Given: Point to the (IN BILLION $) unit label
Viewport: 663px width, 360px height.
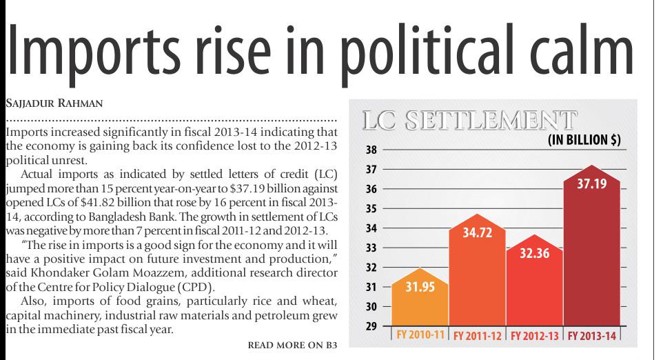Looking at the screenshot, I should [584, 140].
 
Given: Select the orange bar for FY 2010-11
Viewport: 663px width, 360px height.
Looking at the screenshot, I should [420, 303].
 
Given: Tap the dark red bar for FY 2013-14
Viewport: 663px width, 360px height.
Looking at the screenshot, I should [592, 255].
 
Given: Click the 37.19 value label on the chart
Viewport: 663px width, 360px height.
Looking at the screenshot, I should [592, 185].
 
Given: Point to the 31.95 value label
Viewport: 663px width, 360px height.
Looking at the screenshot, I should [420, 288].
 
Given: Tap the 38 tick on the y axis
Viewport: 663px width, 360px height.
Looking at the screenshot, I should [370, 149].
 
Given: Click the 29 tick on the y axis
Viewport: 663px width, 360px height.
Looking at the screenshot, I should [370, 326].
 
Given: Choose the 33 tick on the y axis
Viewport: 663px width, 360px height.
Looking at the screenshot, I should [370, 248].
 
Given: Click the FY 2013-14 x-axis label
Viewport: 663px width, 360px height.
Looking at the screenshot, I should [592, 336].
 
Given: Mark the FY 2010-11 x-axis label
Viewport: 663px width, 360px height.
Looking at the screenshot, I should [420, 336].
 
